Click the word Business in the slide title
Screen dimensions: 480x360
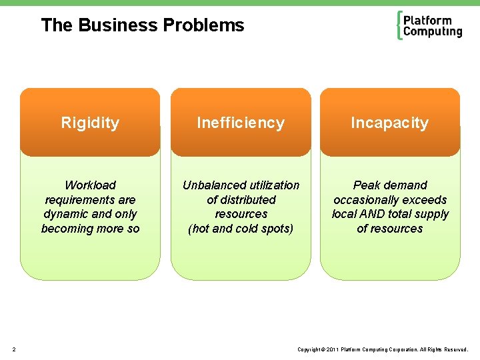pyautogui.click(x=118, y=25)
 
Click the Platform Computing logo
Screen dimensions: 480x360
pyautogui.click(x=429, y=26)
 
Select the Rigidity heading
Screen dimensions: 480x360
pyautogui.click(x=90, y=123)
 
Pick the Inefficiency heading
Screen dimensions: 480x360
pyautogui.click(x=241, y=123)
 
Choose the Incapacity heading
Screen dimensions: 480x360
pyautogui.click(x=390, y=123)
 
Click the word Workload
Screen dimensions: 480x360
pyautogui.click(x=90, y=185)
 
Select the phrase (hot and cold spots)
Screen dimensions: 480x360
pyautogui.click(x=241, y=229)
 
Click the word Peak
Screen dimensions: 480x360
pyautogui.click(x=366, y=185)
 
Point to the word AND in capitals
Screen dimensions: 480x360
pyautogui.click(x=373, y=214)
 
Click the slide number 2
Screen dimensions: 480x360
pyautogui.click(x=15, y=349)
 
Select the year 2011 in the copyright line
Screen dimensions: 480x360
pyautogui.click(x=333, y=349)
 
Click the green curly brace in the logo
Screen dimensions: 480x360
pyautogui.click(x=399, y=25)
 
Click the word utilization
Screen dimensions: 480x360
pyautogui.click(x=274, y=185)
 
